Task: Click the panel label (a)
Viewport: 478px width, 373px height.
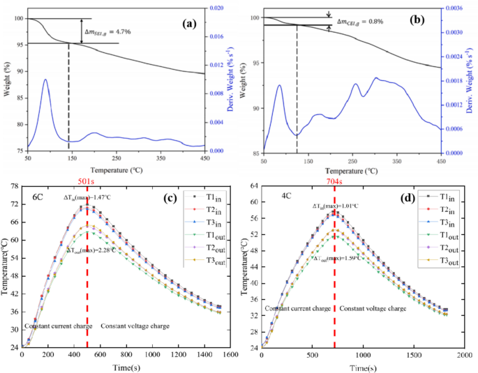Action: (188, 23)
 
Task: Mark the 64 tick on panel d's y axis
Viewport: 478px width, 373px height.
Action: (253, 185)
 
